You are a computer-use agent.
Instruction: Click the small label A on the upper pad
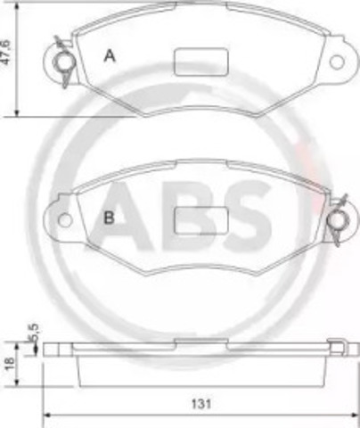pos(110,56)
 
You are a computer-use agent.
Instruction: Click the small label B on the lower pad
pos(108,217)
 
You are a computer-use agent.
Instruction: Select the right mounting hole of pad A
pos(335,62)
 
